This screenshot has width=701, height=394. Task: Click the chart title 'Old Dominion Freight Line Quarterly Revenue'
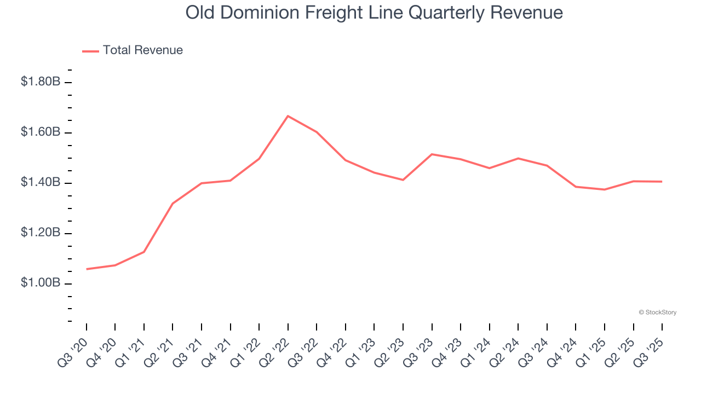(374, 13)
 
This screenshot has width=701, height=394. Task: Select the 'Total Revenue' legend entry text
(142, 50)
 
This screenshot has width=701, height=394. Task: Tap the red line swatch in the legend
(90, 51)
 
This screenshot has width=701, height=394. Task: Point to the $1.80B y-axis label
(41, 82)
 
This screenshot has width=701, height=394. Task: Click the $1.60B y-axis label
(41, 132)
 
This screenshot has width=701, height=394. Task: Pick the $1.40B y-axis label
(41, 183)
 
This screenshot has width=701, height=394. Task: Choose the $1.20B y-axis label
(41, 233)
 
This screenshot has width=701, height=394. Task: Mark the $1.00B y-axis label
(41, 283)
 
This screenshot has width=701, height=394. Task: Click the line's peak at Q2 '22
(288, 116)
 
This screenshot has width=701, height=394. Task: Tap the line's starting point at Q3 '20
(87, 269)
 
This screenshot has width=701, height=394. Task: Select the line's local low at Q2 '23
(403, 179)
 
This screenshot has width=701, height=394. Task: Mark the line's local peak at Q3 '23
(432, 154)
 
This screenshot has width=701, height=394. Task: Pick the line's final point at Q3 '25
(662, 182)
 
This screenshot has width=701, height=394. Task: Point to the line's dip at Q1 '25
(604, 189)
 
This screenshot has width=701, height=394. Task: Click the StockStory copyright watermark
(657, 312)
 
